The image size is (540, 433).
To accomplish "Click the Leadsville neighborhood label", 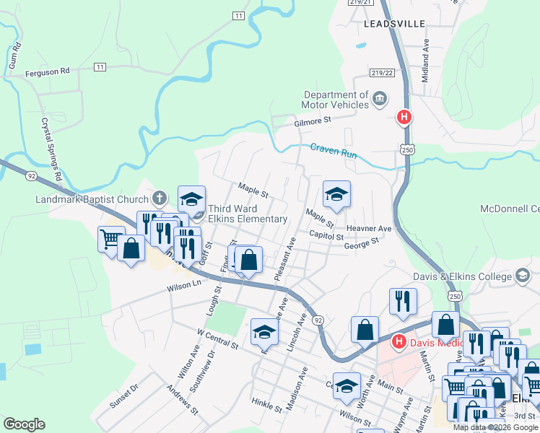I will tap(395, 24).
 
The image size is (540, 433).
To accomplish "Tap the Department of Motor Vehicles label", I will tap(336, 100).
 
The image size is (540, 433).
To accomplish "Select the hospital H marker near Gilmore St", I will tap(404, 116).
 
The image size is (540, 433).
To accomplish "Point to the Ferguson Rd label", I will tap(47, 71).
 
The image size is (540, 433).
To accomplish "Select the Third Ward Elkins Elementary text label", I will tap(248, 214).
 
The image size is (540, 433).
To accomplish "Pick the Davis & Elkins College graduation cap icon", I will tap(522, 276).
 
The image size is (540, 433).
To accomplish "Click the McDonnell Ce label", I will tap(510, 209).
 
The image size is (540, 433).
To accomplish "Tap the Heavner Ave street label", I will tap(368, 229).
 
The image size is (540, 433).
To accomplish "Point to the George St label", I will tap(361, 245).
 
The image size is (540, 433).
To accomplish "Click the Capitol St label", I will tap(326, 235).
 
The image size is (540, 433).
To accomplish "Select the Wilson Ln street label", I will tap(184, 286).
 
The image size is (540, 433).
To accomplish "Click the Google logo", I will tap(24, 424).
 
